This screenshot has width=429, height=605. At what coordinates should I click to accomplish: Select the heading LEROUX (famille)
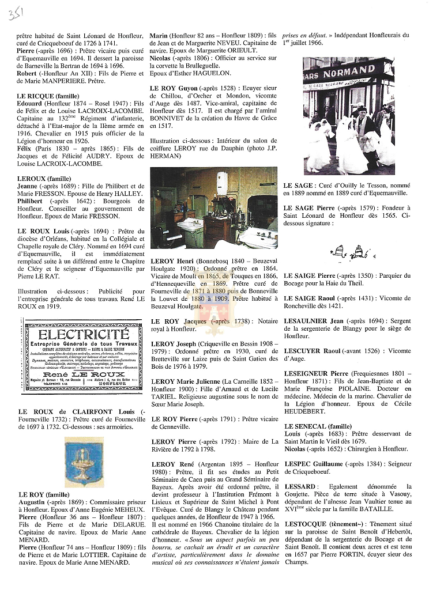click(x=41, y=179)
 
